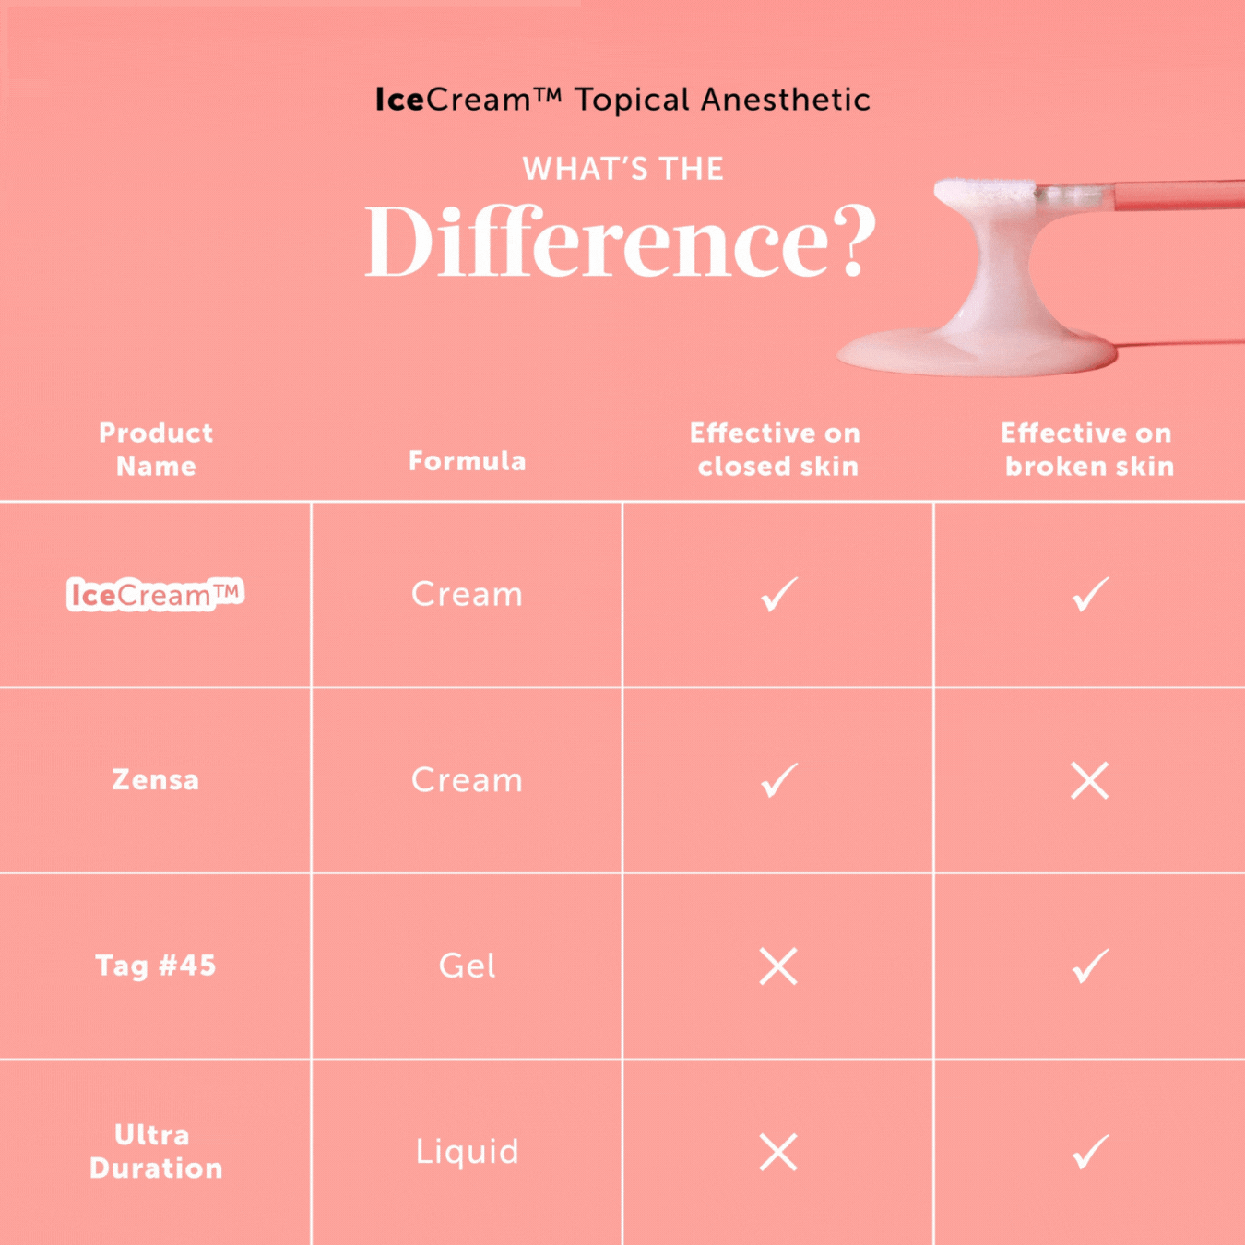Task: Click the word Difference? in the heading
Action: (x=621, y=242)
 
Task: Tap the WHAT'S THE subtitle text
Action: (x=622, y=169)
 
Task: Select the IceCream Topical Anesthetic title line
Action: (x=622, y=100)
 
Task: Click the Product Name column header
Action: (x=156, y=449)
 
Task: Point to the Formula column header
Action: (x=467, y=460)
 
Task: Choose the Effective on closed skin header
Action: (x=777, y=449)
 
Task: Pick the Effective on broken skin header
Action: (x=1088, y=449)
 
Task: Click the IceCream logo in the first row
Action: (x=155, y=595)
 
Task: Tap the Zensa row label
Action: (x=155, y=780)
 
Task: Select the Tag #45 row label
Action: (x=155, y=966)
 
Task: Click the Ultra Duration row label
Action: (x=155, y=1151)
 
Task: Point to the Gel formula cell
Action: (x=467, y=966)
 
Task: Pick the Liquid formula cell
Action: (x=467, y=1151)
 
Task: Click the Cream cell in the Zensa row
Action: (x=467, y=780)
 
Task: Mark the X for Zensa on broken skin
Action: (x=1089, y=781)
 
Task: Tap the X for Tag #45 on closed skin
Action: (x=778, y=966)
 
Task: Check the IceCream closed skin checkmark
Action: (x=778, y=595)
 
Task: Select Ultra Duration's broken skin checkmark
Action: (x=1090, y=1152)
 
